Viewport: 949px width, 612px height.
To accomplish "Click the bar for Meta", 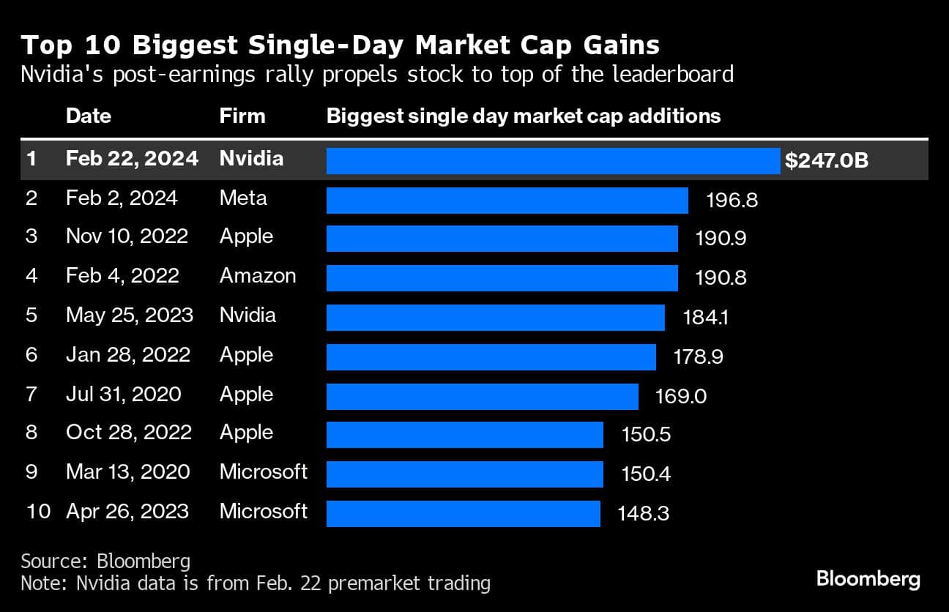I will pyautogui.click(x=507, y=200).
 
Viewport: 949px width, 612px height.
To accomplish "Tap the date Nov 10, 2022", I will pyautogui.click(x=127, y=236).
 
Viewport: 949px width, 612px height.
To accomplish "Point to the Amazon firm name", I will pyautogui.click(x=258, y=276).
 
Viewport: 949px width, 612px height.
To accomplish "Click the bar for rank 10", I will pyautogui.click(x=463, y=513).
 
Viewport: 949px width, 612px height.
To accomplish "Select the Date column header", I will pyautogui.click(x=89, y=116).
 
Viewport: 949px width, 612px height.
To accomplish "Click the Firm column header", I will pyautogui.click(x=242, y=116).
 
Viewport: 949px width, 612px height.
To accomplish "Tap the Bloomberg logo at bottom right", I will pyautogui.click(x=868, y=580).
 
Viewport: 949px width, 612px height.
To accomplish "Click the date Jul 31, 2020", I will pyautogui.click(x=124, y=395).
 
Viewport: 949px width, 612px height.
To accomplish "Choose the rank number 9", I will pyautogui.click(x=31, y=472).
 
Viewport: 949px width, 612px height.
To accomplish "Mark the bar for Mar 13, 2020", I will pyautogui.click(x=464, y=474).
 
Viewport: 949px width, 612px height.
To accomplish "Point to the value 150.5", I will pyautogui.click(x=646, y=435).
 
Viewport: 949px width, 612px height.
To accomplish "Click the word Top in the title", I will pyautogui.click(x=41, y=46).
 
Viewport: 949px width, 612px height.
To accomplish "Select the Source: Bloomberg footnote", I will pyautogui.click(x=105, y=561).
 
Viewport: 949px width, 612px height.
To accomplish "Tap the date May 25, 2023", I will pyautogui.click(x=130, y=316).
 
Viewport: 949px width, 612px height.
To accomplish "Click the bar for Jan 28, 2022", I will pyautogui.click(x=491, y=357).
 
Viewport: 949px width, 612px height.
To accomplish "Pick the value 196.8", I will pyautogui.click(x=732, y=200).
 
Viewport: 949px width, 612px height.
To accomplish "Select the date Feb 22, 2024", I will pyautogui.click(x=132, y=159).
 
